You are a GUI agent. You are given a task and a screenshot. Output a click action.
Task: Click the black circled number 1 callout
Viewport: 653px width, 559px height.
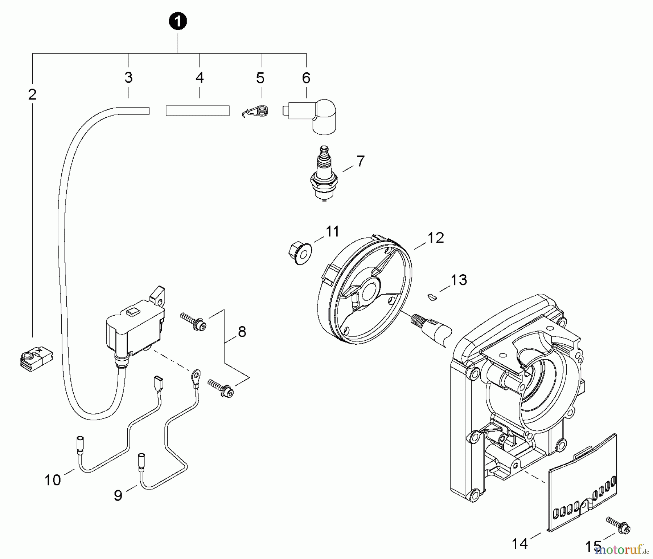[178, 21]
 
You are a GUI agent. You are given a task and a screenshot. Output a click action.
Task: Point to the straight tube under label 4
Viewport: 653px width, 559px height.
[197, 110]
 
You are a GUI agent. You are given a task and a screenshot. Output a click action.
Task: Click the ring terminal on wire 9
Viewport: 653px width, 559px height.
[196, 374]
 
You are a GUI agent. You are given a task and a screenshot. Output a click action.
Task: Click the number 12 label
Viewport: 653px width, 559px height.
[435, 238]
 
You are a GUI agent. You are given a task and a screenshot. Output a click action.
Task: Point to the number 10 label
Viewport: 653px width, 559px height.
[53, 480]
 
